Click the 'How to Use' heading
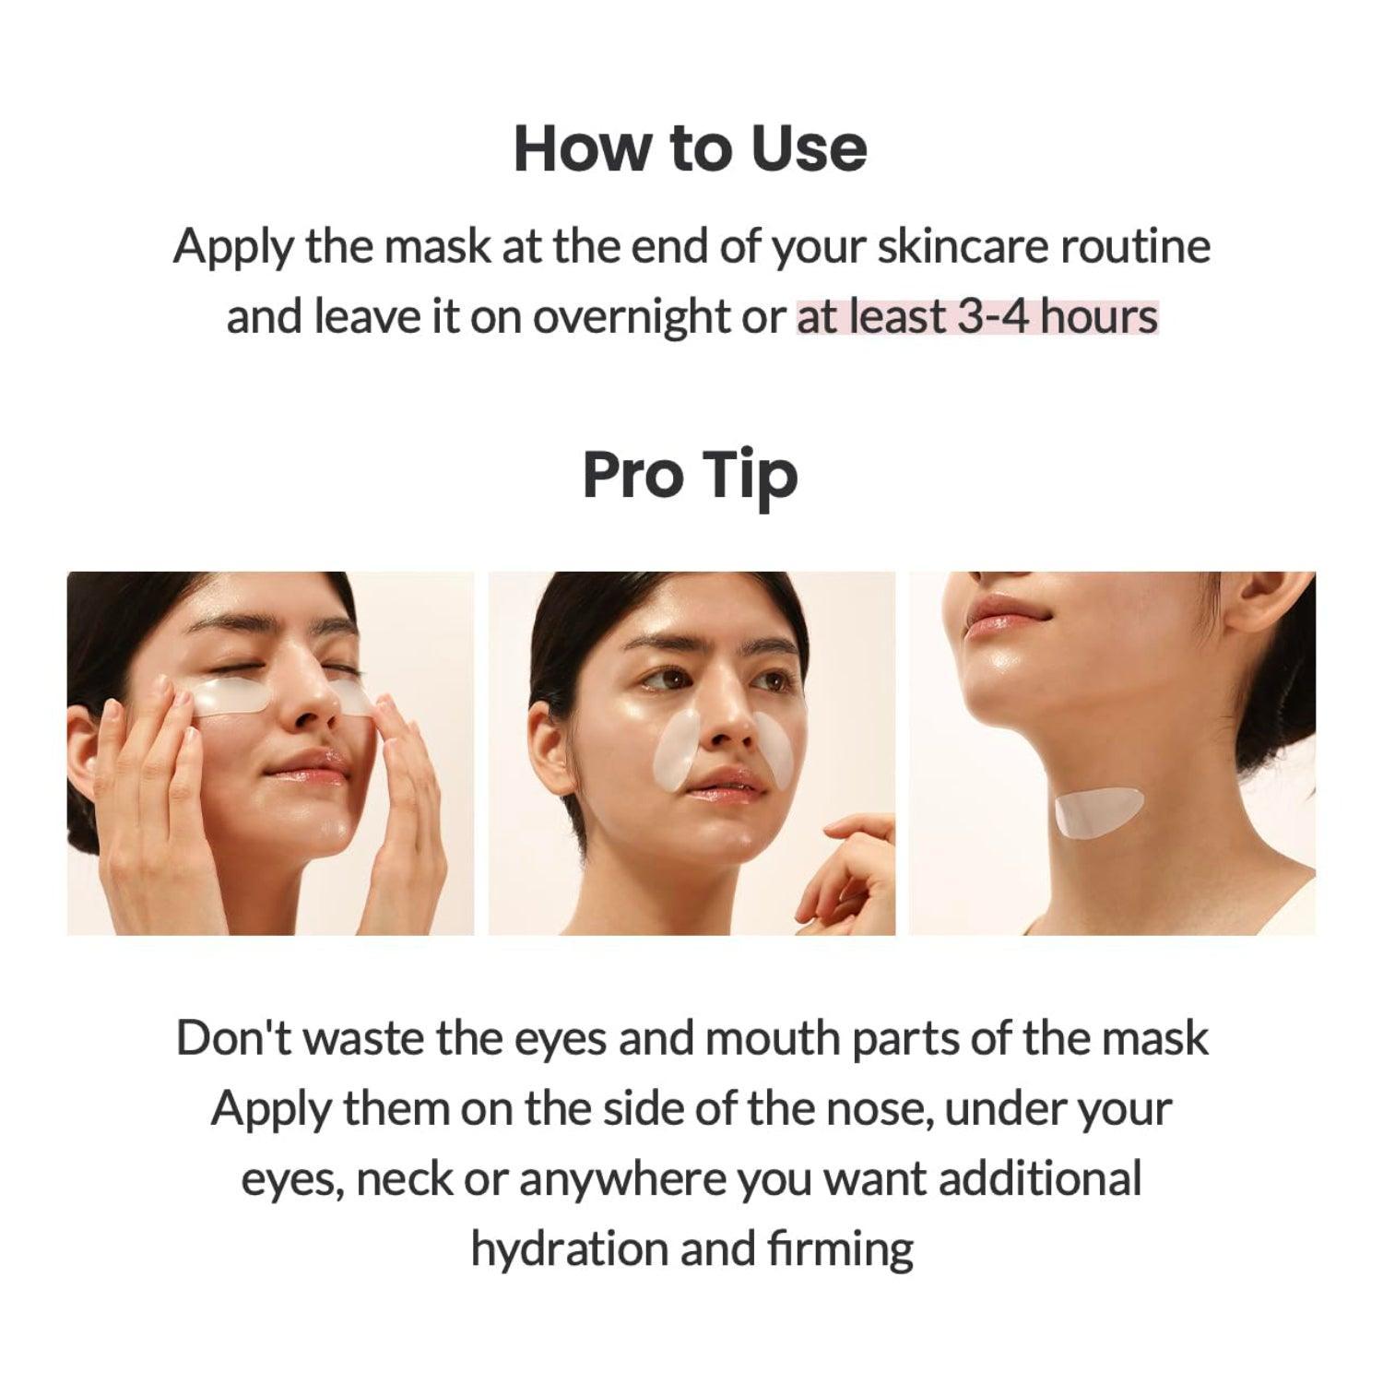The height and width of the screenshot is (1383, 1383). click(691, 148)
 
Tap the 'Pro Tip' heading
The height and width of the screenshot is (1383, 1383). click(690, 475)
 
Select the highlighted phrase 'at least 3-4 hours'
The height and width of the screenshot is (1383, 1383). click(977, 317)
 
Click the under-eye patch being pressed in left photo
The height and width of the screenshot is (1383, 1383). click(230, 695)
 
